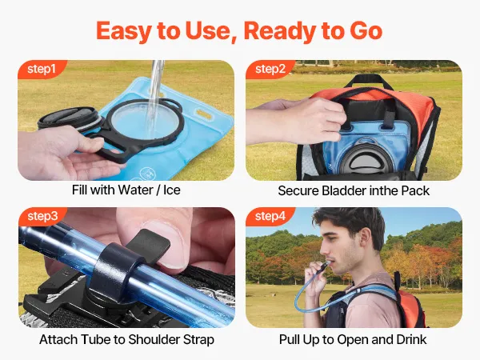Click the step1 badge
pos(42,69)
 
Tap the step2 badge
pos(270,69)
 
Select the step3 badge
pos(42,217)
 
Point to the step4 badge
pos(270,217)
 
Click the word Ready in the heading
pos(280,31)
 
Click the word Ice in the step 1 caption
pos(172,190)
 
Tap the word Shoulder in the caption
pos(154,339)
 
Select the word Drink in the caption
pos(411,339)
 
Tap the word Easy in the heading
pos(123,31)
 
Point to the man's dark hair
pos(352,222)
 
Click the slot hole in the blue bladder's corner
pos(204,114)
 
